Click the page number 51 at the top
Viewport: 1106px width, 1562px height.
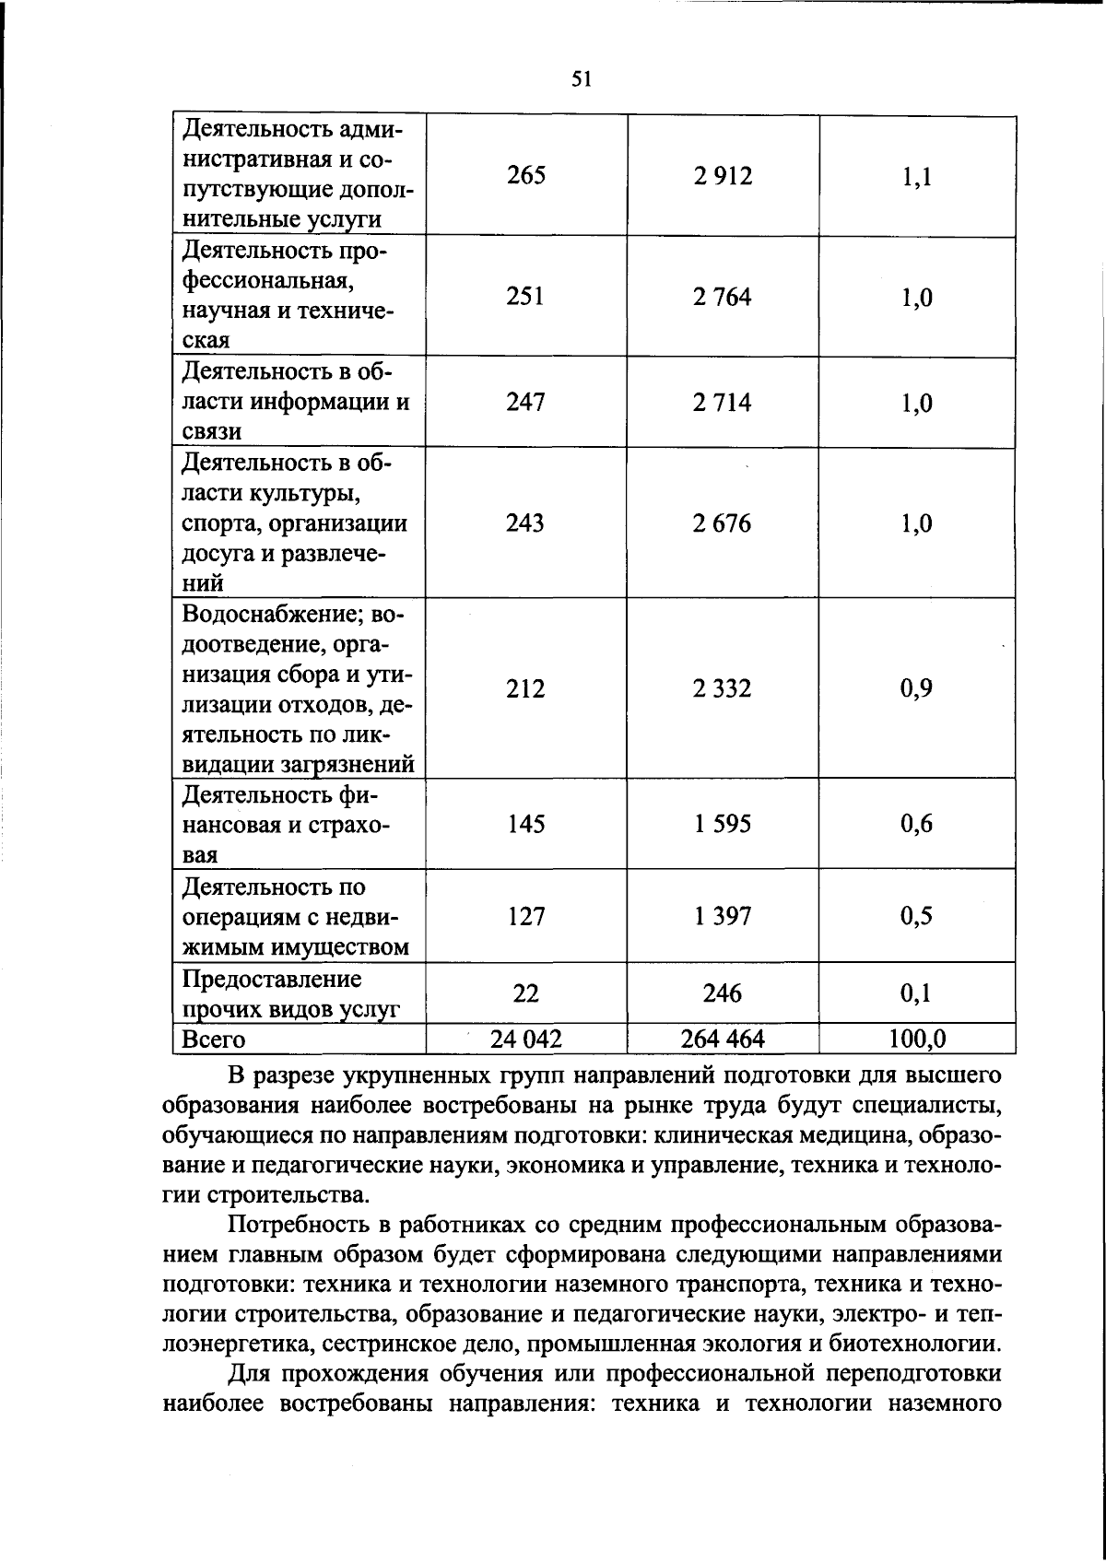coord(581,79)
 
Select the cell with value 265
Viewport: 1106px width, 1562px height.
coord(525,175)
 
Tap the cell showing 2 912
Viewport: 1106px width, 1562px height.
coord(723,175)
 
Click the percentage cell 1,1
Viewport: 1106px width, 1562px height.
coord(916,175)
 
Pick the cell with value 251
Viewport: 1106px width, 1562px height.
coord(525,297)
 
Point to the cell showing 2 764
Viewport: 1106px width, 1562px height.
coord(723,297)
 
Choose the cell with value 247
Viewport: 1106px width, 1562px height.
coord(525,403)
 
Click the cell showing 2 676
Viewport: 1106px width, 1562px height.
coord(723,523)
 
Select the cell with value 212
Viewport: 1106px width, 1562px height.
coord(525,688)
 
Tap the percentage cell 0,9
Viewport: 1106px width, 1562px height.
coord(916,688)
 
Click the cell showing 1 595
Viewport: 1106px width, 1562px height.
coord(723,823)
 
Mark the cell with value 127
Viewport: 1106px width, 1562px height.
coord(525,916)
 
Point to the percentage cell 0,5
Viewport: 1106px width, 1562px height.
coord(916,916)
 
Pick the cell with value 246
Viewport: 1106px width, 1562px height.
coord(723,993)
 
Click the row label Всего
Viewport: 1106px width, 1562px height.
coord(214,1039)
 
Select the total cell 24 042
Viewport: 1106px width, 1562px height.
coord(525,1039)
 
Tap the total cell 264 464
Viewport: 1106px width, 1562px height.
coord(723,1039)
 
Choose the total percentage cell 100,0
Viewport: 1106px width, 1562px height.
coord(916,1039)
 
